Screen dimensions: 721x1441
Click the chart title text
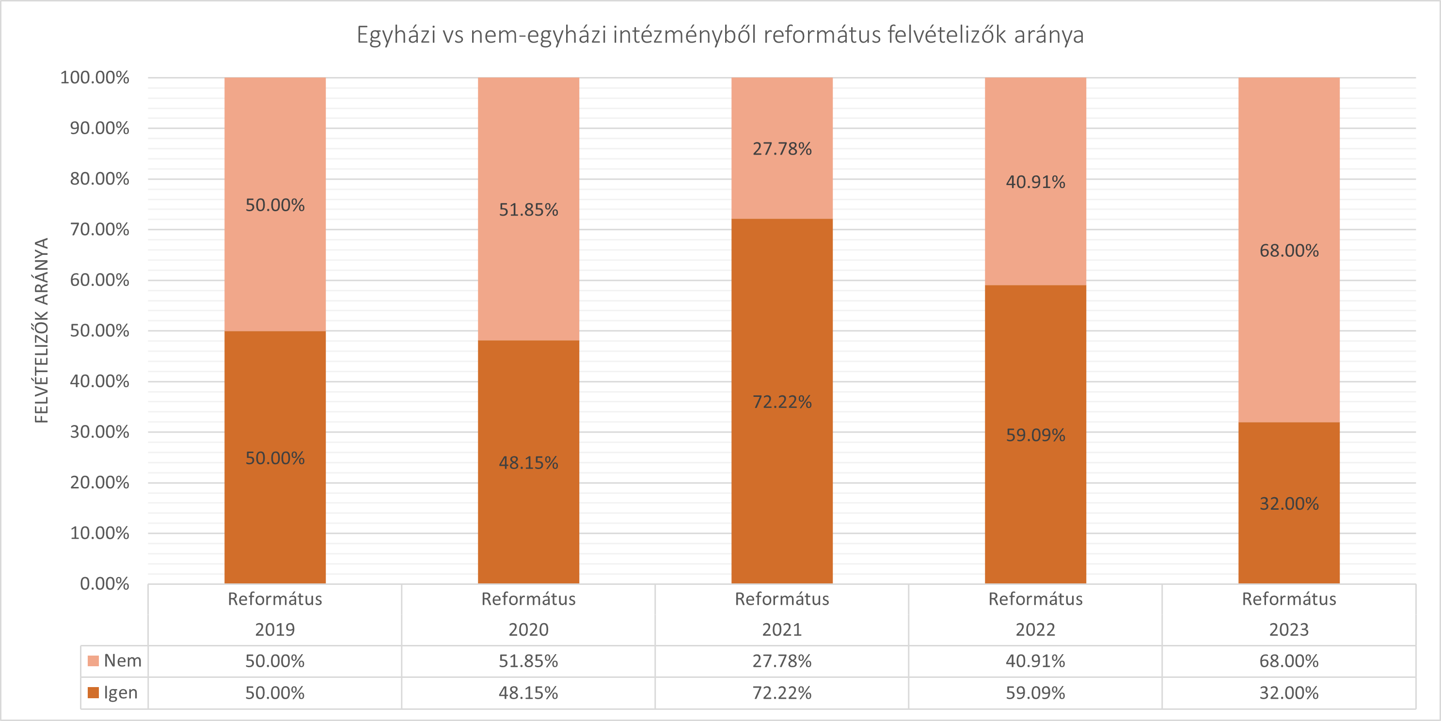[720, 35]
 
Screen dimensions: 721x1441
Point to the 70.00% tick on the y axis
[99, 229]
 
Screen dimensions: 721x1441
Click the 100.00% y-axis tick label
[95, 77]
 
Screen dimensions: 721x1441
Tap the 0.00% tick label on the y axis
[105, 584]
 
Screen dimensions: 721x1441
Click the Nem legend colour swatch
[94, 661]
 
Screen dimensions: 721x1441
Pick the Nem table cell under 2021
[781, 661]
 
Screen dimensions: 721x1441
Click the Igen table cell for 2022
[1035, 693]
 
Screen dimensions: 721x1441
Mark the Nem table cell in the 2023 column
[1288, 661]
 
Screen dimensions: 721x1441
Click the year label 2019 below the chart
[275, 630]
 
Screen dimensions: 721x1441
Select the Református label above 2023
[1288, 599]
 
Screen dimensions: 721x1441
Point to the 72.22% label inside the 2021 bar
[781, 402]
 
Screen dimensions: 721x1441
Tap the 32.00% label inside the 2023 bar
[1288, 503]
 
